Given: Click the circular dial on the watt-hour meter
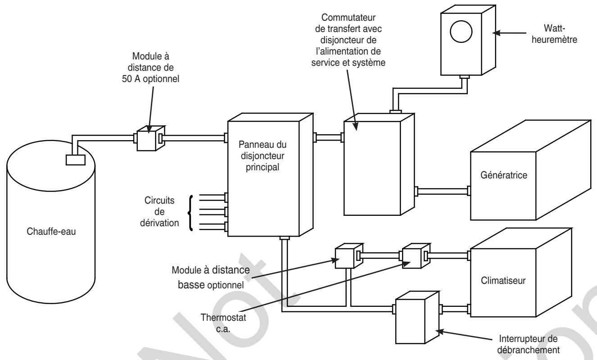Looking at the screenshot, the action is (461, 32).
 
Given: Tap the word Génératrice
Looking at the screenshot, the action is (504, 175).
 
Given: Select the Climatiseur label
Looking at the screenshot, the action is (503, 281).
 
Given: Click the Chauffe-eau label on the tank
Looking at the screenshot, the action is (51, 232).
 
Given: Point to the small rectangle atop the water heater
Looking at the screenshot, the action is (76, 160).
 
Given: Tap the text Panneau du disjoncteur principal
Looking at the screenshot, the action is (262, 156).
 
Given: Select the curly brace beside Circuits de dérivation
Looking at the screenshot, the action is (191, 213).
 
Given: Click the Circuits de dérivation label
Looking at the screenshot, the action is (159, 212).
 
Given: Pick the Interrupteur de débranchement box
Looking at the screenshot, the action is (417, 317).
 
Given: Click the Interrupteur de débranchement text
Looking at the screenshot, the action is (528, 344).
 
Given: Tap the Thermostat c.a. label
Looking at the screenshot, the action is (223, 323).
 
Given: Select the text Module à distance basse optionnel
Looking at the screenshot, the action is (211, 278).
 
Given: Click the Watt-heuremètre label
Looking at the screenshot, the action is (554, 34).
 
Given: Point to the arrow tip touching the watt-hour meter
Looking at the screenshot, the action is (493, 33).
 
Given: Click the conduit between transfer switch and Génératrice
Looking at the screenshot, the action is (443, 191).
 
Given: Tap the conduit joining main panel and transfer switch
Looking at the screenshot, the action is (328, 137).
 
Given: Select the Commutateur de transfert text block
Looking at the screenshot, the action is (348, 40).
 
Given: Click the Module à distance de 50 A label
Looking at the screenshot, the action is (150, 68).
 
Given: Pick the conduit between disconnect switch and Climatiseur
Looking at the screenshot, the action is (455, 310).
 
